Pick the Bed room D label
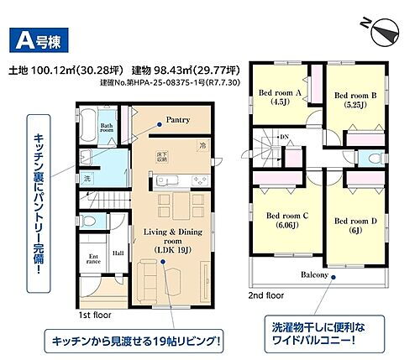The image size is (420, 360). coord(352,222)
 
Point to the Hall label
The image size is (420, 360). coord(118,251)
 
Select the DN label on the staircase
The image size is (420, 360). coord(284,137)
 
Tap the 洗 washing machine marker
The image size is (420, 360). coord(85,180)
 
